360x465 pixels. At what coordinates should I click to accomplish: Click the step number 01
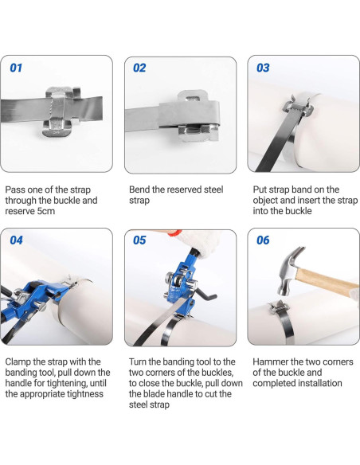16,68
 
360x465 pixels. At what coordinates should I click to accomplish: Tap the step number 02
139,68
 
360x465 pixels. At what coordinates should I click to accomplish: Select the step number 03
263,68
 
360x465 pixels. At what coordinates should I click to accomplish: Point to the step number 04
16,240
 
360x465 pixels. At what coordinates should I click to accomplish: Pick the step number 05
139,240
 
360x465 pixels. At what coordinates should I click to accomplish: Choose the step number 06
263,240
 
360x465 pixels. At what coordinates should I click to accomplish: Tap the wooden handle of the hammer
327,282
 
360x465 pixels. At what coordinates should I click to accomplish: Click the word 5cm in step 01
42,211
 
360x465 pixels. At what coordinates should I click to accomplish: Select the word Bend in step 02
139,190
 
